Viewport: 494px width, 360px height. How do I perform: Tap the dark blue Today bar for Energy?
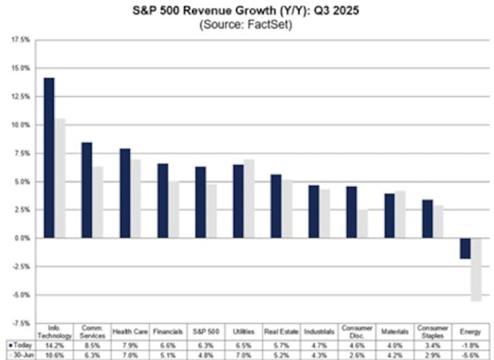click(464, 248)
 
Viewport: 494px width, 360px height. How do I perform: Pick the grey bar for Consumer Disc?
click(362, 224)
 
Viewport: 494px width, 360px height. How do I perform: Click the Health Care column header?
click(130, 332)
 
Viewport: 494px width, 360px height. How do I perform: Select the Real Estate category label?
click(282, 332)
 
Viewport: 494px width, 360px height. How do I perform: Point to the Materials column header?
click(395, 332)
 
